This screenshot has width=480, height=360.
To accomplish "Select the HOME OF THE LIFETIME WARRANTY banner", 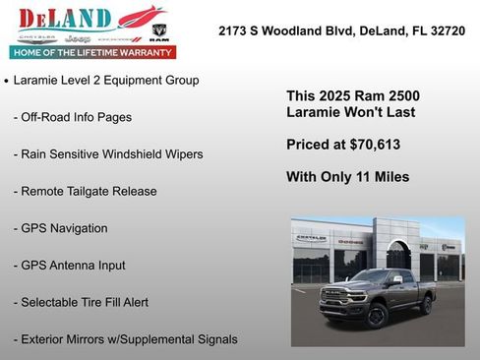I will (91, 52).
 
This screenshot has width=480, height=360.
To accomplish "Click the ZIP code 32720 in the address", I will (446, 31).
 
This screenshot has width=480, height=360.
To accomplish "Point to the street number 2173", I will (234, 31).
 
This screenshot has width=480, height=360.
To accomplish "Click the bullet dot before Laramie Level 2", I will (7, 81).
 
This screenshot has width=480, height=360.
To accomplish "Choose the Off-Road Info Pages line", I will (73, 117).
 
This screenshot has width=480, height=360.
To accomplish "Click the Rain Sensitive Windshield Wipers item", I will (108, 154).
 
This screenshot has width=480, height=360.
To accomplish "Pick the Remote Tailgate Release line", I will (86, 191).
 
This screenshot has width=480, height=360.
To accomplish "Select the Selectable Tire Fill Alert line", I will (82, 302).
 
